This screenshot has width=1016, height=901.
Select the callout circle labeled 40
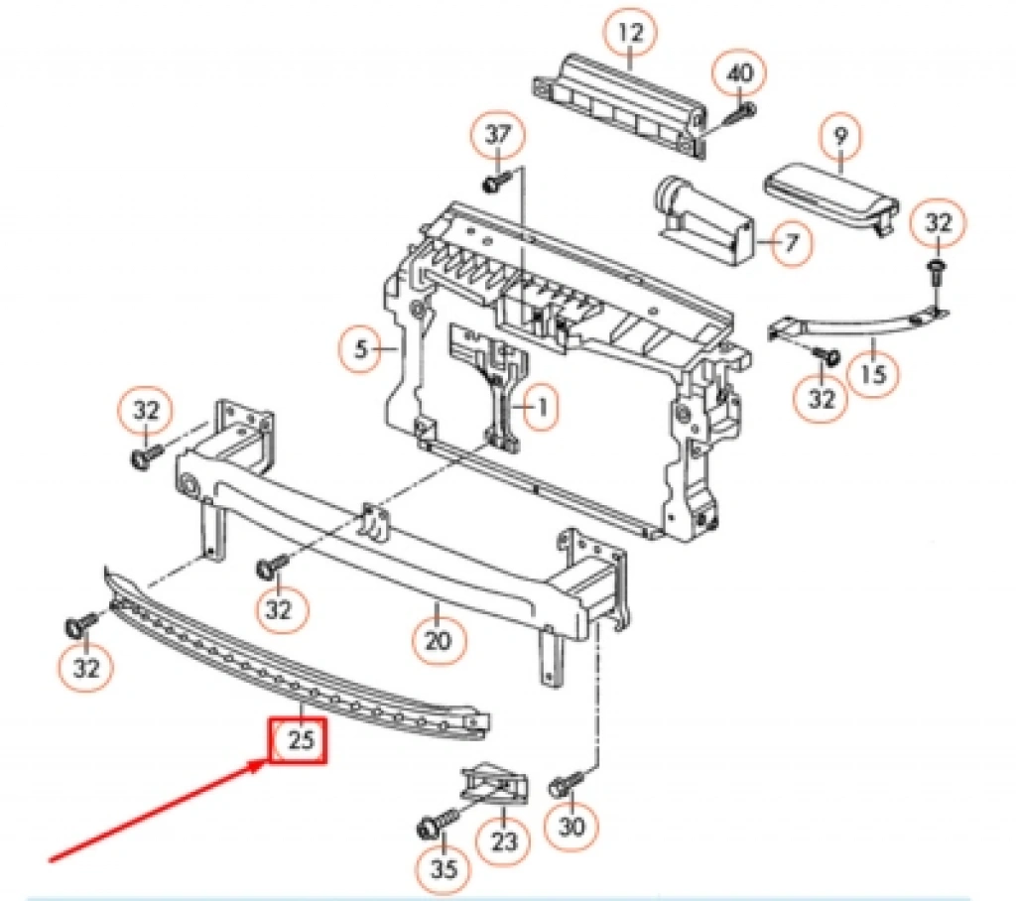coord(741,72)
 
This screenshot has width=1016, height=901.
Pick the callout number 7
coord(790,242)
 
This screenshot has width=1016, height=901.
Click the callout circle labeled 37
coord(501,135)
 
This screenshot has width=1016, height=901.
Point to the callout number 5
coord(361,349)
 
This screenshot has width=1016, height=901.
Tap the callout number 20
coord(437,639)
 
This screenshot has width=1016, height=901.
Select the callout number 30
coord(573,826)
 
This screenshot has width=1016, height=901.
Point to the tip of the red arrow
coord(266,763)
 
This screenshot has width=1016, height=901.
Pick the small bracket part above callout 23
coord(493,786)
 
